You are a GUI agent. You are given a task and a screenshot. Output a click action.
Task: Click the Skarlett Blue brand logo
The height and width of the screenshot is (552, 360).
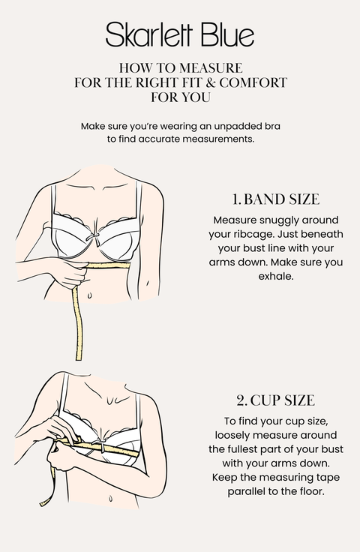point(180,34)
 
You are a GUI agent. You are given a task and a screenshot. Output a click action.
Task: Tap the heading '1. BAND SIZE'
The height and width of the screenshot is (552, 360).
point(275,199)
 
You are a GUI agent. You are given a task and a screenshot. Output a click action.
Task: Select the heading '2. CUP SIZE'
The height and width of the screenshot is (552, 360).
point(275,400)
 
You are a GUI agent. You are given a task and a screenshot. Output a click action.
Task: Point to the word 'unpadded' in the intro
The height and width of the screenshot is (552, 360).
point(224,127)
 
